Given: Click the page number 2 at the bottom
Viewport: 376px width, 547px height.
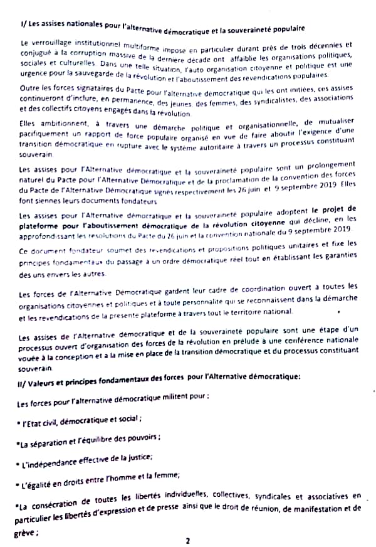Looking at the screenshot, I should point(187,539).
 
